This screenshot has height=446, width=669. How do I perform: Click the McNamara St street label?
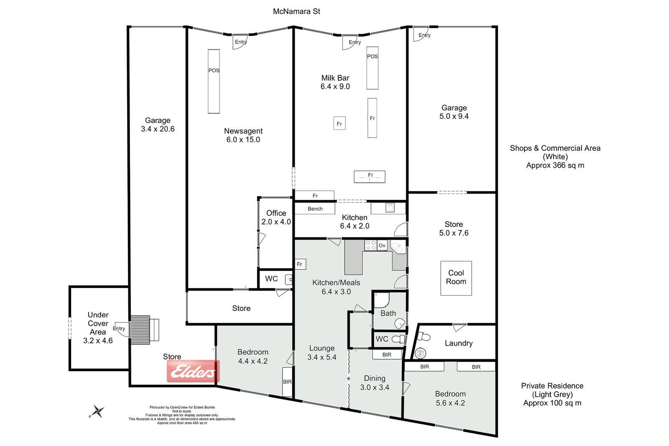tap(296, 11)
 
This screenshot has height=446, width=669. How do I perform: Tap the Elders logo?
tap(193, 371)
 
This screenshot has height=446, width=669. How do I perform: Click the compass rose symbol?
tap(97, 411)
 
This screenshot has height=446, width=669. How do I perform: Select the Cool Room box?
tap(456, 278)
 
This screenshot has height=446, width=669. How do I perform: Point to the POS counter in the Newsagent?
tap(214, 81)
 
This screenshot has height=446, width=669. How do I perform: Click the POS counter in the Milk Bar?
tap(373, 68)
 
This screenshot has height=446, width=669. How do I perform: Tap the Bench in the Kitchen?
tap(315, 209)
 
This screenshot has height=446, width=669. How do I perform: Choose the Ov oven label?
tap(382, 245)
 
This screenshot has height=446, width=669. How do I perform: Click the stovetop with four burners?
tap(370, 245)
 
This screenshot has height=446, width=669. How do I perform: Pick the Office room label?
tap(276, 213)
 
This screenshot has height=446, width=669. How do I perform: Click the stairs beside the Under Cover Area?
tap(140, 330)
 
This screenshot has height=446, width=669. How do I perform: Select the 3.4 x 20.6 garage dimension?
tap(158, 129)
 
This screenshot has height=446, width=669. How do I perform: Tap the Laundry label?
tap(458, 343)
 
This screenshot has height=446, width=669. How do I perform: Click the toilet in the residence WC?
tap(398, 339)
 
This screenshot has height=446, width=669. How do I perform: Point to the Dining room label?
tap(375, 378)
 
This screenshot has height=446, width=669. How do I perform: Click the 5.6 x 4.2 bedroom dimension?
tap(450, 403)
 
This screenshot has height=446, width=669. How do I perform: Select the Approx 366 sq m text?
tap(555, 166)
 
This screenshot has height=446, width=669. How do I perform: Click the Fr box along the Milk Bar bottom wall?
tap(314, 196)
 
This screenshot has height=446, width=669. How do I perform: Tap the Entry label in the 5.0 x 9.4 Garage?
tap(424, 35)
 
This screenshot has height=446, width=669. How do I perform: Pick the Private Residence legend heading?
tap(552, 386)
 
